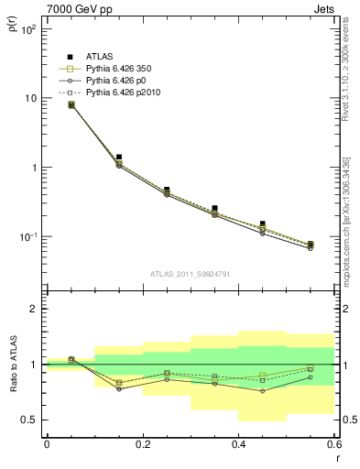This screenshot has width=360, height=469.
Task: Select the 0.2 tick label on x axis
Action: click(143, 443)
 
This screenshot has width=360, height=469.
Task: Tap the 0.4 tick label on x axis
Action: click(238, 443)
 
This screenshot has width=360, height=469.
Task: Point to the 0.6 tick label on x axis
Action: click(333, 443)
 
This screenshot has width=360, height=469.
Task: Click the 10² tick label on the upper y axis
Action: click(29, 29)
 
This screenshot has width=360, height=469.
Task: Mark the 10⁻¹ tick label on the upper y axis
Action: click(29, 237)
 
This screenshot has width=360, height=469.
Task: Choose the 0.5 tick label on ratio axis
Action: click(29, 420)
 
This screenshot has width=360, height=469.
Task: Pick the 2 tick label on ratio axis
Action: click(33, 309)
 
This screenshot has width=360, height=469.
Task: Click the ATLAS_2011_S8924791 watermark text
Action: click(190, 272)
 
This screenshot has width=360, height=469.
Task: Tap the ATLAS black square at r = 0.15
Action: click(119, 158)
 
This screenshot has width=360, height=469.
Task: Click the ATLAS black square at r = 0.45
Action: click(262, 224)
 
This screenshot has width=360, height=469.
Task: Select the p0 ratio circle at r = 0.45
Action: click(262, 391)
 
